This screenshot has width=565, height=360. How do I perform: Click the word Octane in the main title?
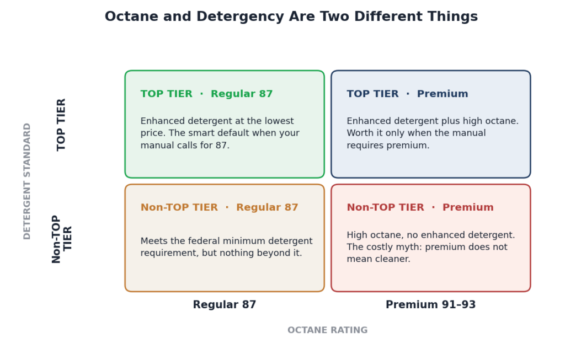click(x=131, y=17)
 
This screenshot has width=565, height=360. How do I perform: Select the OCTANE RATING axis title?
click(x=328, y=330)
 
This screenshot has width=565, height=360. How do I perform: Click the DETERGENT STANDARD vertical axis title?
click(x=27, y=181)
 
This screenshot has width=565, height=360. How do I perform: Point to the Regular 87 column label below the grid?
click(x=225, y=304)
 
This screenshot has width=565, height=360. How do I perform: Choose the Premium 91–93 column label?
click(x=430, y=304)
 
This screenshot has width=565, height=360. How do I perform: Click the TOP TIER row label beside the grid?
click(x=61, y=125)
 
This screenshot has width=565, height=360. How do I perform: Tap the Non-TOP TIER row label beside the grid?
click(x=62, y=239)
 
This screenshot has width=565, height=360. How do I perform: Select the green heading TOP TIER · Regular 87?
click(x=206, y=94)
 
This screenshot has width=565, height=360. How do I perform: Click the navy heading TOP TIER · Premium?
click(x=408, y=94)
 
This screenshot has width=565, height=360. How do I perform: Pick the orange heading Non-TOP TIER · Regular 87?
click(x=220, y=207)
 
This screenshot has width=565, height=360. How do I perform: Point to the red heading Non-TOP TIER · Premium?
click(x=420, y=207)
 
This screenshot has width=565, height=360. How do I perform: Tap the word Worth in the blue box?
click(x=360, y=133)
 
